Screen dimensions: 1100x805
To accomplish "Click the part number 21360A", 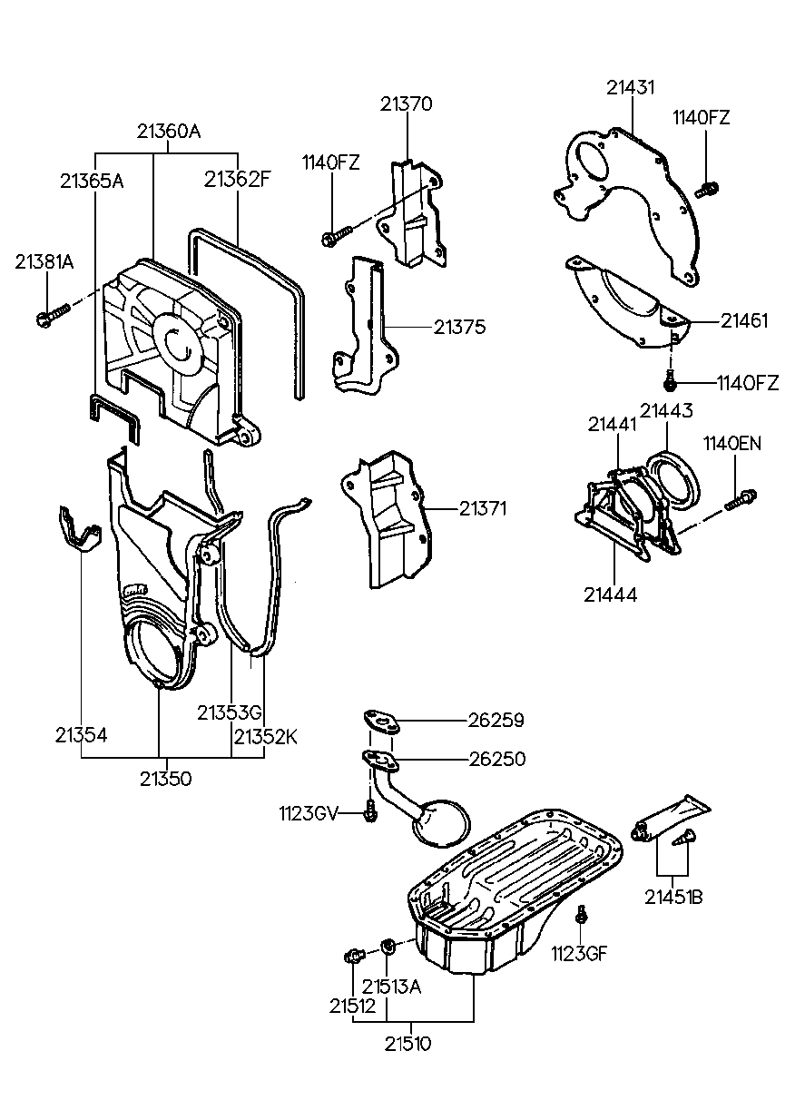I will click(169, 131).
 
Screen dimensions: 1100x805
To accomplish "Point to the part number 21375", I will click(459, 327).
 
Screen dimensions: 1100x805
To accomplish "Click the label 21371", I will click(459, 509).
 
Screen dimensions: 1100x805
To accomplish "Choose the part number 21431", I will click(632, 87).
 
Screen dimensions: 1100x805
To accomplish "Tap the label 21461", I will click(744, 320).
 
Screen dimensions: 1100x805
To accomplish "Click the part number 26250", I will click(496, 759).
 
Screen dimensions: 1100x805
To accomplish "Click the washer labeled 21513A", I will click(388, 948).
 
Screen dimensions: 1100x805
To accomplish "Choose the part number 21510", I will click(406, 1043).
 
